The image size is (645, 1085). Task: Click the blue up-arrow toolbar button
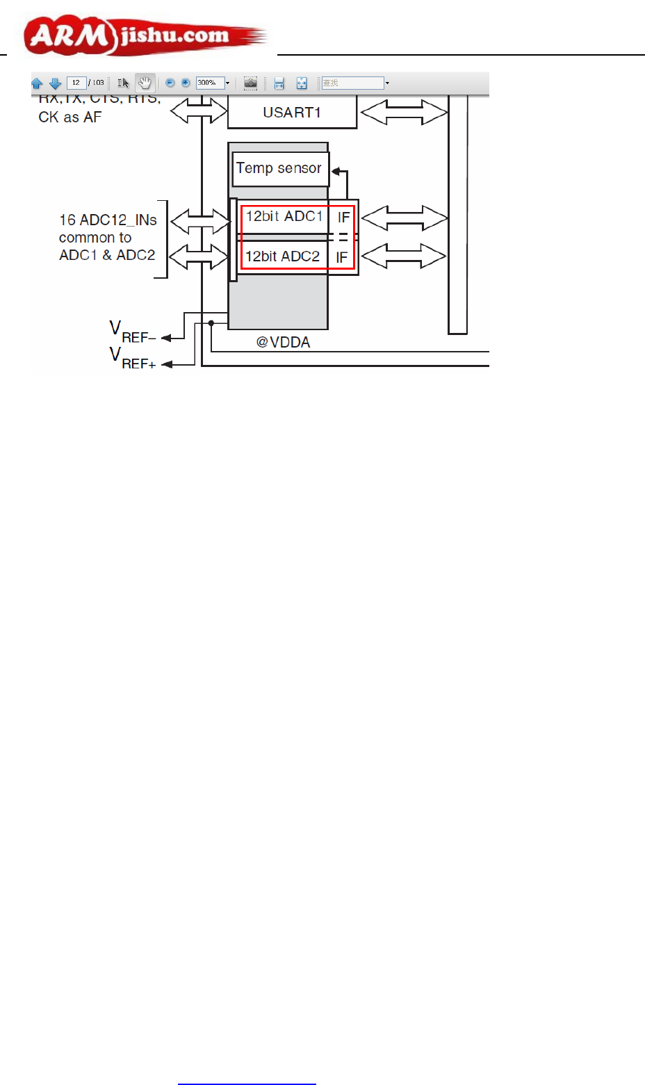coord(38,83)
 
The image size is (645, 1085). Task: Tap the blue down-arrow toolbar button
coord(55,83)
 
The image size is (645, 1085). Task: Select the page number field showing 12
coord(76,83)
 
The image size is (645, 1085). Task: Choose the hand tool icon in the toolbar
coord(145,83)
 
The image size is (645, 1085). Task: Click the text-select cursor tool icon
coord(123,83)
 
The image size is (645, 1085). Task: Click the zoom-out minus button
coord(170,83)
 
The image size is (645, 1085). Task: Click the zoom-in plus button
coord(186,83)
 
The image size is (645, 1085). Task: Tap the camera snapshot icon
coord(250,83)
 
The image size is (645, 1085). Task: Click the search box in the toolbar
coord(352,83)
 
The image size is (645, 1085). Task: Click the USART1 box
coord(292,113)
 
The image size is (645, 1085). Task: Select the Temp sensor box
coord(279,169)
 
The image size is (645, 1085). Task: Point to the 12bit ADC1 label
coord(284,216)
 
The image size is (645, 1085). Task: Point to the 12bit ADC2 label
coord(282,256)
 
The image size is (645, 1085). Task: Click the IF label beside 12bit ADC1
coord(343,218)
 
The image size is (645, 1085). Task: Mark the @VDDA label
coord(283,342)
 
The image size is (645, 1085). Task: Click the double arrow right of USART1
coord(403,112)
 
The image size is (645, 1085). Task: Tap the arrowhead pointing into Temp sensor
coord(335,171)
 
